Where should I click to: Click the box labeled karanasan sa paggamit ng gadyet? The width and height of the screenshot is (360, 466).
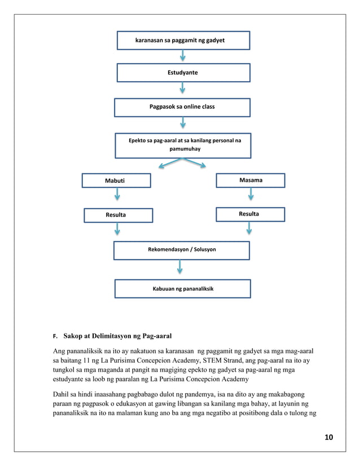183,41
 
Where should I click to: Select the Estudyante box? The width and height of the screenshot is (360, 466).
183,73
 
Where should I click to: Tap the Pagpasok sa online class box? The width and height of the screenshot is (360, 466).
182,107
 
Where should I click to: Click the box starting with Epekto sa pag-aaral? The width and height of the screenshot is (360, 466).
182,145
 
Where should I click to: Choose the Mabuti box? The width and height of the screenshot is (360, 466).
116,181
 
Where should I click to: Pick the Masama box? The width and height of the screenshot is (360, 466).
251,180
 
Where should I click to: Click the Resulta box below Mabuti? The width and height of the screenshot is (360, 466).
118,215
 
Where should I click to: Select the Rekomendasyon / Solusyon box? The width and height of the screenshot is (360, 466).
181,249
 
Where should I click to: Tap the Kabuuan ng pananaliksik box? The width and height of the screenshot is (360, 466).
182,288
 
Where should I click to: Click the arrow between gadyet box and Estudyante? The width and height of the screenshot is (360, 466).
183,56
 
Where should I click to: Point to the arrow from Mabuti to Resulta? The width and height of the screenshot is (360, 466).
117,195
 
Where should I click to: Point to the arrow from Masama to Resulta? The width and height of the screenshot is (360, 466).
251,194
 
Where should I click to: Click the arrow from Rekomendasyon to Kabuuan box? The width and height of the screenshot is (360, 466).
180,267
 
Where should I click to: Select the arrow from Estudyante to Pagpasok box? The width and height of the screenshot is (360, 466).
183,89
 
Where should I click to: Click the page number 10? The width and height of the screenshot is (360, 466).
329,437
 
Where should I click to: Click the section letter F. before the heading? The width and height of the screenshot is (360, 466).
55,337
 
